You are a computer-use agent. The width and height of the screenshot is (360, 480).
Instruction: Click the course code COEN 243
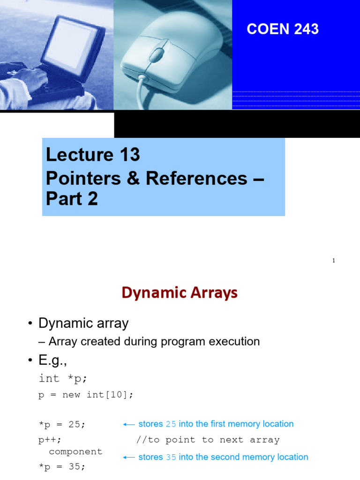coord(283,29)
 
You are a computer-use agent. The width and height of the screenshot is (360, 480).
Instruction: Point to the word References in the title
coord(196,178)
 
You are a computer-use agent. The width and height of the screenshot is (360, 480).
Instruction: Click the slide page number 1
coord(334,261)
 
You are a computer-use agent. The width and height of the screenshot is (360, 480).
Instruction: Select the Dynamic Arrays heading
coord(180,293)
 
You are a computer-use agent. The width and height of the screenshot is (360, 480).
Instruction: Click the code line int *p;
coord(63,378)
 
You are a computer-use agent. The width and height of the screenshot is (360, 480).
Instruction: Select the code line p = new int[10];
coord(86,395)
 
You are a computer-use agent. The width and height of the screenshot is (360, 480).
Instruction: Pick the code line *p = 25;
coord(62,424)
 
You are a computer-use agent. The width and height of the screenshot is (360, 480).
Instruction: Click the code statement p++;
coord(50,440)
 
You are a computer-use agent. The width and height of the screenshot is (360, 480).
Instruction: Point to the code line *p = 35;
coord(62,467)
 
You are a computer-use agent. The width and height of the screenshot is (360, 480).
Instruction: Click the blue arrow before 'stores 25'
coord(128,424)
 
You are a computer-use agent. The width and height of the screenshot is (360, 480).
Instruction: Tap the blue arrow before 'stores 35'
coord(128,457)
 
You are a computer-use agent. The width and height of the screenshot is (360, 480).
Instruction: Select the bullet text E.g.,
coord(54,360)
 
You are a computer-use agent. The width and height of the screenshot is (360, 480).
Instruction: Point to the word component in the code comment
coord(75,451)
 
